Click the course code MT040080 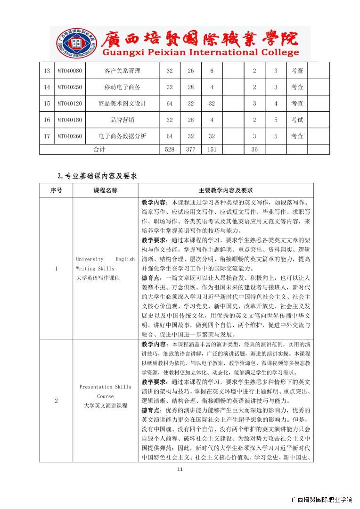pos(70,71)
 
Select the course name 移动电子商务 pos(123,87)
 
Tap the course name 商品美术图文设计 pos(123,104)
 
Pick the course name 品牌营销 pos(123,120)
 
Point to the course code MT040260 pos(70,136)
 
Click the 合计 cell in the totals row pos(99,149)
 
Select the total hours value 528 pos(170,149)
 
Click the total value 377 pos(191,149)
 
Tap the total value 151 pos(212,149)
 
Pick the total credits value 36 pos(254,149)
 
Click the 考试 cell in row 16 pos(297,120)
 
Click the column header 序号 pos(56,190)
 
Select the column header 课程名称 pos(106,190)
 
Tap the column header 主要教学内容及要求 pos(226,190)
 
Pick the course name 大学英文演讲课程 pos(106,405)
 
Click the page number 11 pos(180,469)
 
